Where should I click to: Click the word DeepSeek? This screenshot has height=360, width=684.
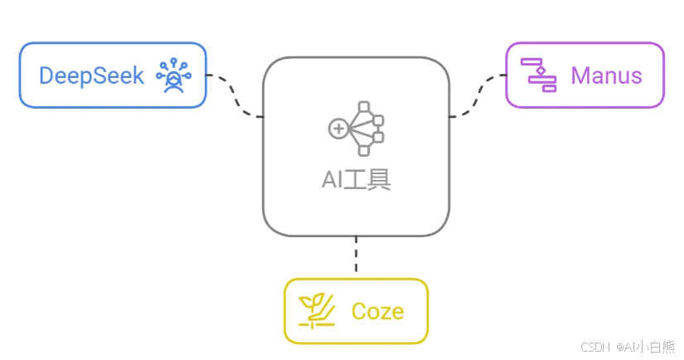click(x=91, y=75)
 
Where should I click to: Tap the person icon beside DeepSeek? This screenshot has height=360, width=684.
click(x=173, y=76)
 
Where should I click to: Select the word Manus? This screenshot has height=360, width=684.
click(x=606, y=75)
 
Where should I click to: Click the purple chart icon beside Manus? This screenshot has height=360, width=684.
click(x=539, y=75)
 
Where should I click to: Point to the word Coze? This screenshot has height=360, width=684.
click(x=377, y=311)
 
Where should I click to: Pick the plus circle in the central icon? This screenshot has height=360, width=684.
click(x=337, y=128)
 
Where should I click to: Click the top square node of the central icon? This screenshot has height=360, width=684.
click(x=363, y=107)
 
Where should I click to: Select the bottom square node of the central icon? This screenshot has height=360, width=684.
click(x=363, y=150)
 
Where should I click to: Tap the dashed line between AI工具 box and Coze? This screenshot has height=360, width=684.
click(x=356, y=255)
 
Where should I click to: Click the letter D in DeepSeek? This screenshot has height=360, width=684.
click(x=46, y=75)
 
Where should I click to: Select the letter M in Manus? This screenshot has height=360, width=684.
click(x=580, y=75)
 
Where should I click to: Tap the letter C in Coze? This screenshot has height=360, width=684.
click(x=359, y=311)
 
